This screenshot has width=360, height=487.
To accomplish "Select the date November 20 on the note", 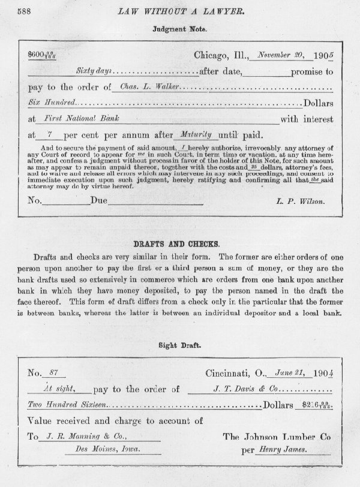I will click(277, 56).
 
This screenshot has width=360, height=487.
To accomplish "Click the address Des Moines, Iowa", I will click(98, 449).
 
